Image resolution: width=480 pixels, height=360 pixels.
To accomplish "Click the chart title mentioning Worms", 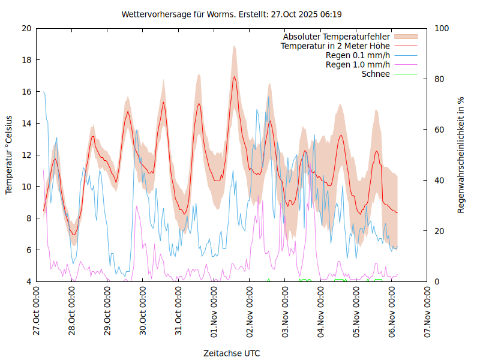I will pos(232,14).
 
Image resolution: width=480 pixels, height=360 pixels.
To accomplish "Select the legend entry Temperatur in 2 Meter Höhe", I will pos(335,46).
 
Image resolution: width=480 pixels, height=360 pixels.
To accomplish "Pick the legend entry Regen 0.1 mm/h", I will pos(358,55).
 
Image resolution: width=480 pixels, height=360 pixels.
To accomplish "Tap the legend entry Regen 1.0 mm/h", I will pos(358,65).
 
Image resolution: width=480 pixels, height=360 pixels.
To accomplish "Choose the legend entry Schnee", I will pos(376,74).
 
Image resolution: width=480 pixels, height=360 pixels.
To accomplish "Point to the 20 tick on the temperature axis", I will pos(26,28).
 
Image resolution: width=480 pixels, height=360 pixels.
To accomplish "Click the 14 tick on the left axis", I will pos(26,123).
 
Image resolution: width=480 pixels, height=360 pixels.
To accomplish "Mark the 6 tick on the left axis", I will pos(29,250).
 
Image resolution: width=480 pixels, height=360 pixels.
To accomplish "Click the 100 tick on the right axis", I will pos(441,28).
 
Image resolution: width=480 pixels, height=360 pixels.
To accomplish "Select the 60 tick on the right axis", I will pos(439,130).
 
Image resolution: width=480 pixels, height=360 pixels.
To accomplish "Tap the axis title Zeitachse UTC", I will pos(232,353).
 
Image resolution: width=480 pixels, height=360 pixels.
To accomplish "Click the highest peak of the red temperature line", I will pos(234,76).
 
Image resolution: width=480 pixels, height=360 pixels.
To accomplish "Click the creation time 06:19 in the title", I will pos(331,14).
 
